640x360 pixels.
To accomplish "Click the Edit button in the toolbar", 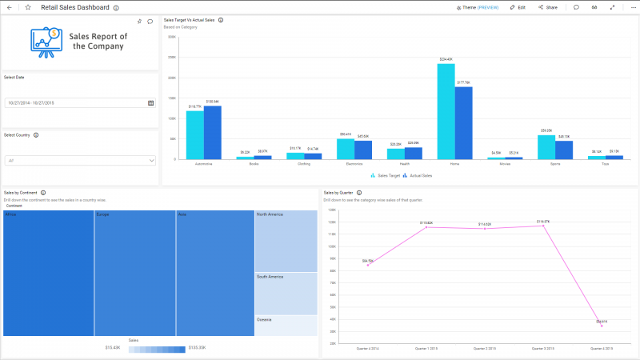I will [518, 7].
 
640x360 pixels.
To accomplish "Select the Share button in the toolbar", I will [548, 7].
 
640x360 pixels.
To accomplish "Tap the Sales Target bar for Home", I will [446, 112].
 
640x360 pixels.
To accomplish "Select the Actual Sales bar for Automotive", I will [212, 133].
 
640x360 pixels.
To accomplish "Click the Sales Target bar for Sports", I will [546, 147].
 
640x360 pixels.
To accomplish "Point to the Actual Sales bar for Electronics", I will [363, 150].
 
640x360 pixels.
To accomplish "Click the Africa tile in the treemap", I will [48, 272].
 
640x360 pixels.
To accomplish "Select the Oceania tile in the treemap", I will [286, 325].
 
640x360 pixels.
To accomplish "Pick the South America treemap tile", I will [286, 293].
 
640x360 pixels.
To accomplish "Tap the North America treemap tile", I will [286, 241].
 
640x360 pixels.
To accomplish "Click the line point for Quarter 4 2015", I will [602, 326].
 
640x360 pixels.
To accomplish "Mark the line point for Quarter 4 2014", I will [368, 265].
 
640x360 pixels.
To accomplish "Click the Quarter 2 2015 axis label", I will [485, 349].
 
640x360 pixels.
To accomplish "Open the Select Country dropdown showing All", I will [79, 160].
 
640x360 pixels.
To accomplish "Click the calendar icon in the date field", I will [150, 103].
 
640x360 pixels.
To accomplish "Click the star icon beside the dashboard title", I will [28, 7].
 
